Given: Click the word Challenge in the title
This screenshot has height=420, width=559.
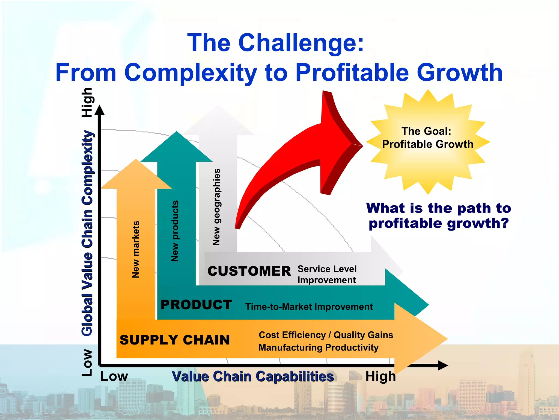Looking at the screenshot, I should click(x=301, y=43).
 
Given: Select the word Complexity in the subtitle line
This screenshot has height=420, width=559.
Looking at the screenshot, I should click(x=190, y=73).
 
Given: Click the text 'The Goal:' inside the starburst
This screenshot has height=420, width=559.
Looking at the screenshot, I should click(x=426, y=131).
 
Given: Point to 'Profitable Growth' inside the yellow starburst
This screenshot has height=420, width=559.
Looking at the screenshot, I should click(x=427, y=144).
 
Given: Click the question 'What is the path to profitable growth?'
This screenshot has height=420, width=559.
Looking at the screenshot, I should click(x=438, y=215).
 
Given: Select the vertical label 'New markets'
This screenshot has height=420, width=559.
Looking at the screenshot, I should click(x=136, y=249).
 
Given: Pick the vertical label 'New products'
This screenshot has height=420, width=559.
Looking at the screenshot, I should click(x=175, y=231).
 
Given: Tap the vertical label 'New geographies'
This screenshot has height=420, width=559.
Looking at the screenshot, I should click(x=216, y=207).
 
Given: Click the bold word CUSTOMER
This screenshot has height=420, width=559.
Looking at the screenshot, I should click(x=249, y=271).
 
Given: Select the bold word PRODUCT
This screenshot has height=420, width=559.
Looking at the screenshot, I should click(x=196, y=305).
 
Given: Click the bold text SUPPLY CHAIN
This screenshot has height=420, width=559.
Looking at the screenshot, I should click(x=175, y=340).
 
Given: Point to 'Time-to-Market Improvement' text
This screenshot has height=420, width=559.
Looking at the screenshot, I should click(x=309, y=307).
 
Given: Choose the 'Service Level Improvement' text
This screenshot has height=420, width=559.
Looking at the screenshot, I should click(x=327, y=275).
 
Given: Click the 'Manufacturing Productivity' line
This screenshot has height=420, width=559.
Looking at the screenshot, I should click(x=318, y=348).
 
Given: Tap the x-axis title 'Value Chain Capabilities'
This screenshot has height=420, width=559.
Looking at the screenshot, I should click(x=253, y=377).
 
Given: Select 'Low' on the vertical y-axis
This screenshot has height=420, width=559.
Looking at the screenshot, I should click(x=87, y=363).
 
